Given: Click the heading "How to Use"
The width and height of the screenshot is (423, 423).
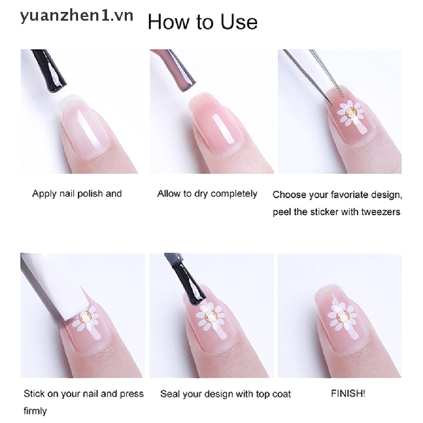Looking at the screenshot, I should [x=202, y=21].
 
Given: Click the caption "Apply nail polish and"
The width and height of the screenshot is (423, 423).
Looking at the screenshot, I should [x=77, y=193].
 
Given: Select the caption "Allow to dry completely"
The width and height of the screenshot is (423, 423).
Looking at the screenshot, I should [x=207, y=193].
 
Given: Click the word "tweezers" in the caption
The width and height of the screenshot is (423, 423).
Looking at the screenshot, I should [x=380, y=212].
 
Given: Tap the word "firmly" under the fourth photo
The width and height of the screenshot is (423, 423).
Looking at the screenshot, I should [x=35, y=411].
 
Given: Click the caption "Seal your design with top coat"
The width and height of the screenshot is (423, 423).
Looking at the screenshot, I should [x=226, y=394].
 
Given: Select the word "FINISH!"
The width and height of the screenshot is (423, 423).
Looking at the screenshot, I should [x=348, y=393].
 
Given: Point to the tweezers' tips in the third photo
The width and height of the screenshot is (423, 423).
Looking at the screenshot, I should [x=338, y=98].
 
